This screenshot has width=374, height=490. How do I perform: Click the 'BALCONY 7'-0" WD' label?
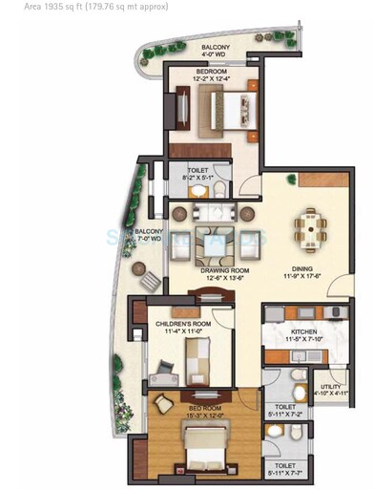tap(149, 237)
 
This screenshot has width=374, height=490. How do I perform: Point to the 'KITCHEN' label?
tap(307, 330)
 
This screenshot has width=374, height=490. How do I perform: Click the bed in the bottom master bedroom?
tap(203, 449)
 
